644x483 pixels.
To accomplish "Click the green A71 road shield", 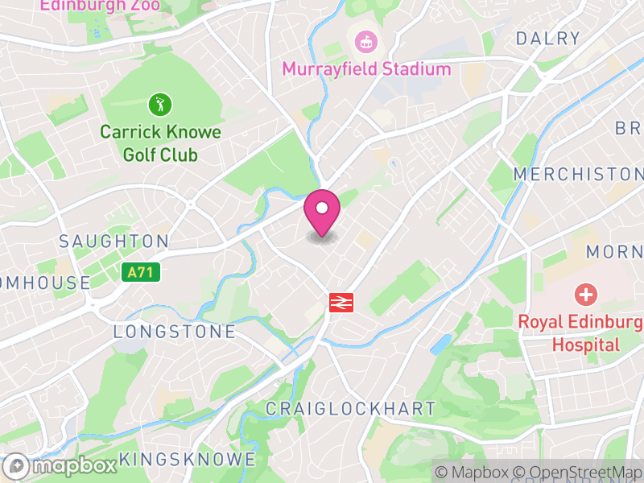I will (x=141, y=273).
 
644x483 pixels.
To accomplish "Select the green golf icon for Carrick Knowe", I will (x=159, y=104).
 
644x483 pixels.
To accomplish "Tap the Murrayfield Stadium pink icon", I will (x=366, y=40).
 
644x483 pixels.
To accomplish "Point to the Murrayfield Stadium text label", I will (x=366, y=69).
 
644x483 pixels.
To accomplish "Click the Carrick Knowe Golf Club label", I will (x=160, y=143).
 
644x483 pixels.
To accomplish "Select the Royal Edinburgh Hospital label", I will (x=580, y=333).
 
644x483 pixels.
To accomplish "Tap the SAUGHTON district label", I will (x=114, y=242).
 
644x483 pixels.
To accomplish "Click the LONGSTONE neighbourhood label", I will (x=174, y=332).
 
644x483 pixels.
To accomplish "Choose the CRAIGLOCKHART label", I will (x=350, y=409).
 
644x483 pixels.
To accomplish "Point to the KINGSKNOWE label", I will (x=187, y=460).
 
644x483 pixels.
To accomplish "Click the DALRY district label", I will (x=547, y=38).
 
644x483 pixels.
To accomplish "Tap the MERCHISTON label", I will (x=578, y=174).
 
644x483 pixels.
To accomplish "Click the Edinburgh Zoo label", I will (x=100, y=6).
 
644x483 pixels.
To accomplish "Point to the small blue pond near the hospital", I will (x=441, y=345).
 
